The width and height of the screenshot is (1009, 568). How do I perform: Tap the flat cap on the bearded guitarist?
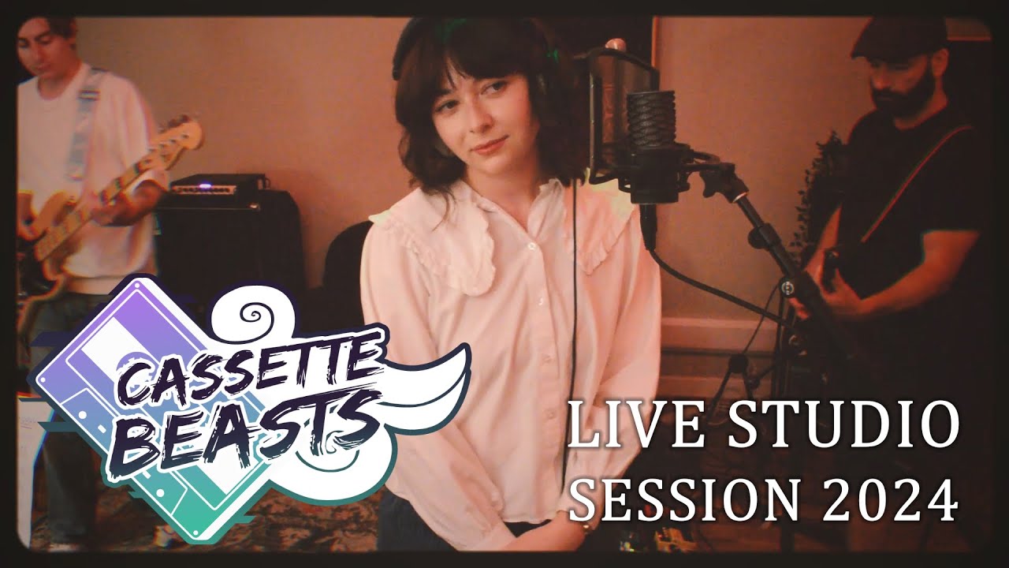coord(899,35)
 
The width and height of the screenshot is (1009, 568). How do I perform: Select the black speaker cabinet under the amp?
coord(229,245)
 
